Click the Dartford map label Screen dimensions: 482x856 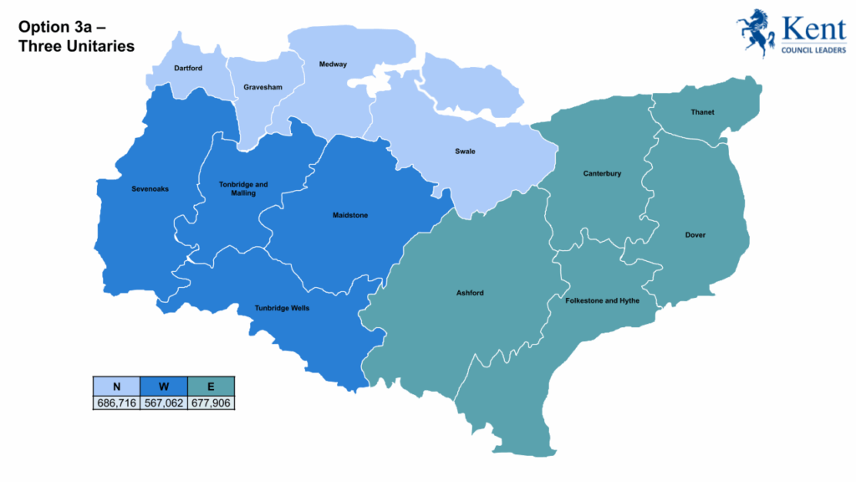pos(188,68)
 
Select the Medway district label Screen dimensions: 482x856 pos(333,64)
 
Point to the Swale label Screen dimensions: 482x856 pos(465,151)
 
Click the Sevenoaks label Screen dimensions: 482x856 pos(150,189)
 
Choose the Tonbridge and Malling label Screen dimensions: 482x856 pos(243,188)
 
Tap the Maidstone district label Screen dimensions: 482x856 pos(349,215)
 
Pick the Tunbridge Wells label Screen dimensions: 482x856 pos(282,308)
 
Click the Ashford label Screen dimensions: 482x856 pos(470,293)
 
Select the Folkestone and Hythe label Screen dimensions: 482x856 pos(602,300)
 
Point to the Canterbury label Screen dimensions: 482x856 pos(602,174)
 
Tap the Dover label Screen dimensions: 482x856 pos(695,235)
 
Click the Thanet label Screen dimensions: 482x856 pos(702,112)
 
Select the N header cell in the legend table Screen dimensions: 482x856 pos(116,386)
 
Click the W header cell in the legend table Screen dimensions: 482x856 pos(164,386)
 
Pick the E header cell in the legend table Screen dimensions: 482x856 pos(211,386)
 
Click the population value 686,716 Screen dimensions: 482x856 pos(116,403)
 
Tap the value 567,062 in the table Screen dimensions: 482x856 pos(164,403)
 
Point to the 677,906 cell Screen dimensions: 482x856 pos(211,403)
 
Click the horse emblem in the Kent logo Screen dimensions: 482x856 pos(755,32)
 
